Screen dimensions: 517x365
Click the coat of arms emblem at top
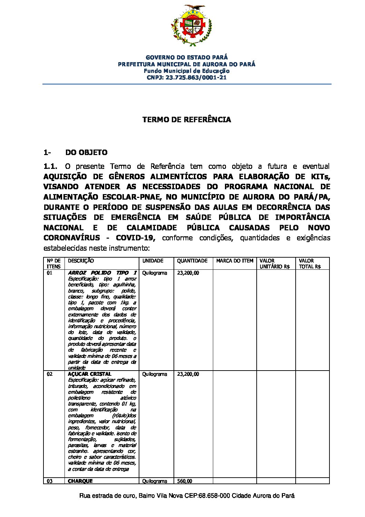pos(190,25)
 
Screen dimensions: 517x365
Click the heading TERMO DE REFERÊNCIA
pos(187,120)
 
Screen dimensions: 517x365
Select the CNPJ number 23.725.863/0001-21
pos(196,78)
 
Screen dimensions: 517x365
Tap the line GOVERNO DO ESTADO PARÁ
pos(187,57)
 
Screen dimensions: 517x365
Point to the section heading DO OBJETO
pos(86,153)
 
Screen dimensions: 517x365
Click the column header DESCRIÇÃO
pos(81,261)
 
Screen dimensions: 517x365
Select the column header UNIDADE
pos(153,261)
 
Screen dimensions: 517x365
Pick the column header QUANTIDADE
pos(192,261)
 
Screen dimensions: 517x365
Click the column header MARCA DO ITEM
pos(235,261)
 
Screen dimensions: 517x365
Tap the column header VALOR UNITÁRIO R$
pos(275,264)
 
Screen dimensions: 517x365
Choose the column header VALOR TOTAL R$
pos(309,264)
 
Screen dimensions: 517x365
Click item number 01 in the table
pos(50,273)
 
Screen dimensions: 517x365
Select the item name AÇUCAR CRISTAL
pos(89,374)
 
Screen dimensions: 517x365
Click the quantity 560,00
pos(185,481)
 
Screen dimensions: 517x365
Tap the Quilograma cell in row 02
pos(154,374)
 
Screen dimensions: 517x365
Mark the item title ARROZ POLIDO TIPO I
pos(102,273)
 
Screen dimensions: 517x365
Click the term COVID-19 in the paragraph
pos(136,238)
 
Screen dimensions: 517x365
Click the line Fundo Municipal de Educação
pos(187,71)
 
